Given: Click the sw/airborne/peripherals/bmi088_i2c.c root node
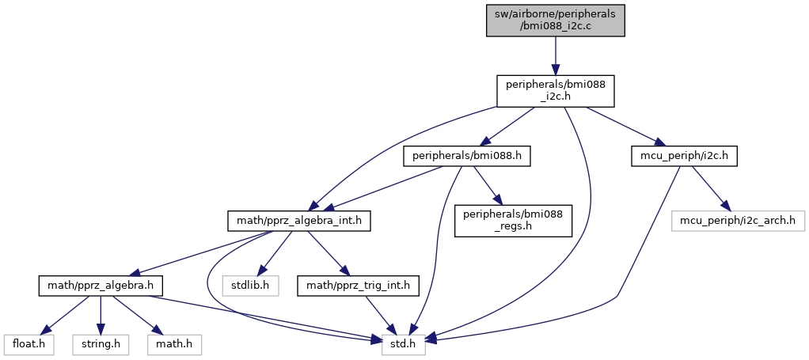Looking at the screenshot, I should tap(555, 19).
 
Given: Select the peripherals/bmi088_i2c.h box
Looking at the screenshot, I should tap(555, 91).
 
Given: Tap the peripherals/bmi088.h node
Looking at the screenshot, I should tap(466, 156).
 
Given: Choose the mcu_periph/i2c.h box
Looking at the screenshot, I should tap(686, 156).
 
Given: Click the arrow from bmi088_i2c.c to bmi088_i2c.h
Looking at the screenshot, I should tap(555, 55).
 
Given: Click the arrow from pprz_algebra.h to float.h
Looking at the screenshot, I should tap(64, 313).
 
